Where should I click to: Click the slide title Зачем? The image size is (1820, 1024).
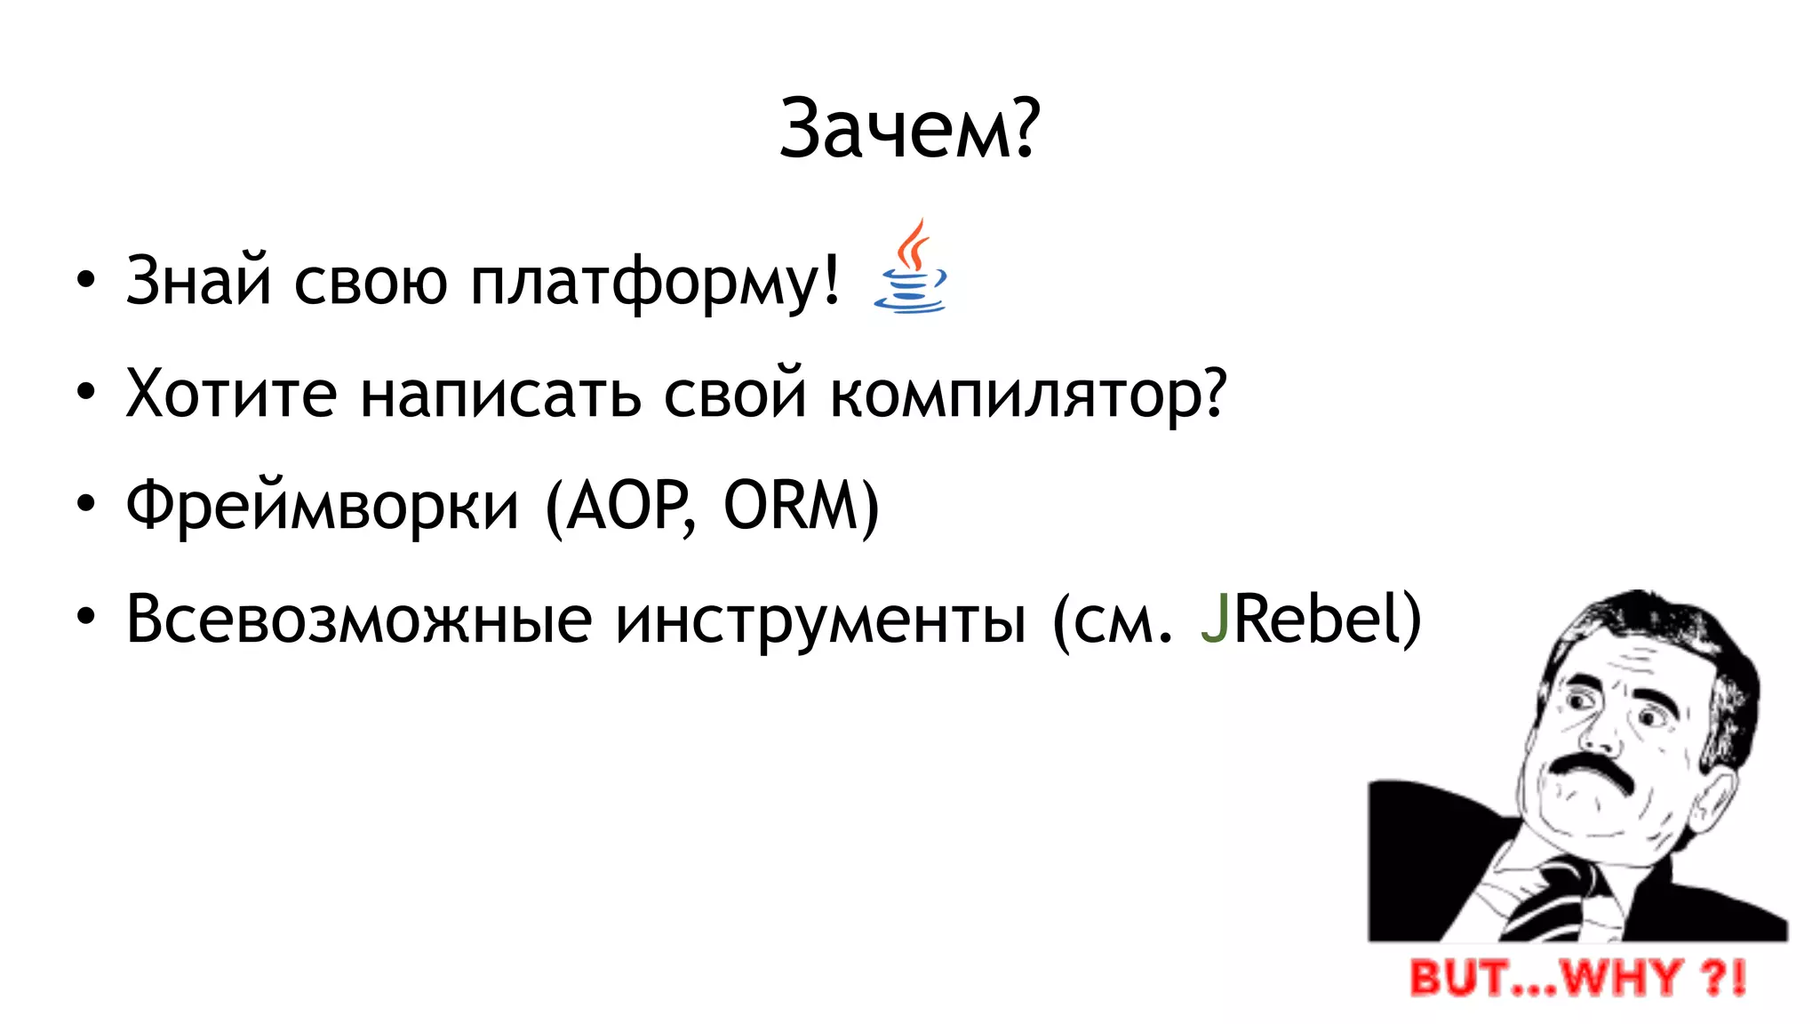[x=908, y=129]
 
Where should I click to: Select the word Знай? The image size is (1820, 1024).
[x=198, y=281]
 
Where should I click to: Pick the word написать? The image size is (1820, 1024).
[x=500, y=395]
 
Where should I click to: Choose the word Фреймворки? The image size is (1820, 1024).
[x=322, y=507]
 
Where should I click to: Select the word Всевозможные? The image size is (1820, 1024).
[x=359, y=620]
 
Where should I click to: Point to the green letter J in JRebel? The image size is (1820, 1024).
[x=1215, y=619]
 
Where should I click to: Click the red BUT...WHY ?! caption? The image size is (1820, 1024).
[x=1577, y=977]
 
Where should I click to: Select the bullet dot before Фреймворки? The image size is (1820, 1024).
[x=85, y=505]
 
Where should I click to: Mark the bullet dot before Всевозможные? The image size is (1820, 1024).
[x=85, y=618]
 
